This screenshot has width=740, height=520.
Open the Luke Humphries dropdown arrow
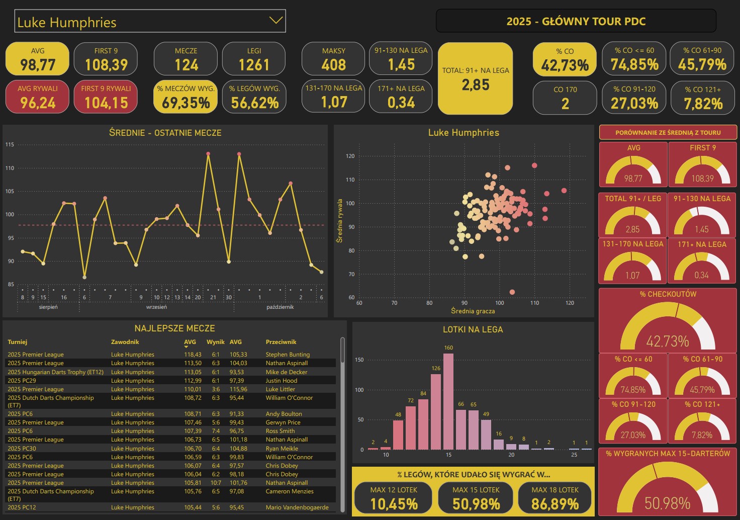tap(275, 21)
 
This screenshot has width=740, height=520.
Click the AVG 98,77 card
tap(37, 59)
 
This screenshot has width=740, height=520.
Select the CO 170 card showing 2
tap(565, 98)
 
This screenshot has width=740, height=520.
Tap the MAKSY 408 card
tap(333, 59)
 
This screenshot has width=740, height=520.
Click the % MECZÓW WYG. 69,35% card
tap(186, 97)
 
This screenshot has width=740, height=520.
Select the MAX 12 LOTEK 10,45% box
tap(394, 498)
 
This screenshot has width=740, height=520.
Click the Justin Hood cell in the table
tap(282, 381)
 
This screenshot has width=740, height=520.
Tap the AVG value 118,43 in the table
tap(193, 355)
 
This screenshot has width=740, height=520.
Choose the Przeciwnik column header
tap(281, 342)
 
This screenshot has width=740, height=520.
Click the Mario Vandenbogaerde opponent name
tap(297, 507)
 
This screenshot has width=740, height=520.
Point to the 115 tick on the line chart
tap(10, 145)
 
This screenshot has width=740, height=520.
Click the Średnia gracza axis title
tap(473, 311)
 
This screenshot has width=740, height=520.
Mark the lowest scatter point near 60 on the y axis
tap(512, 292)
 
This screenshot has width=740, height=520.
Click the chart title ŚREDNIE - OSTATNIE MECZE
tap(165, 133)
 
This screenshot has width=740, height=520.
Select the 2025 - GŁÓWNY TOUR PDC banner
tap(576, 21)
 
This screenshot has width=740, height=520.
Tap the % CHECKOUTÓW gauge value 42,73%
tap(668, 341)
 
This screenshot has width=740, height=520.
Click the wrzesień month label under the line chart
tap(156, 307)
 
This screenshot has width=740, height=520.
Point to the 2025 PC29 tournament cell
tap(22, 381)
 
